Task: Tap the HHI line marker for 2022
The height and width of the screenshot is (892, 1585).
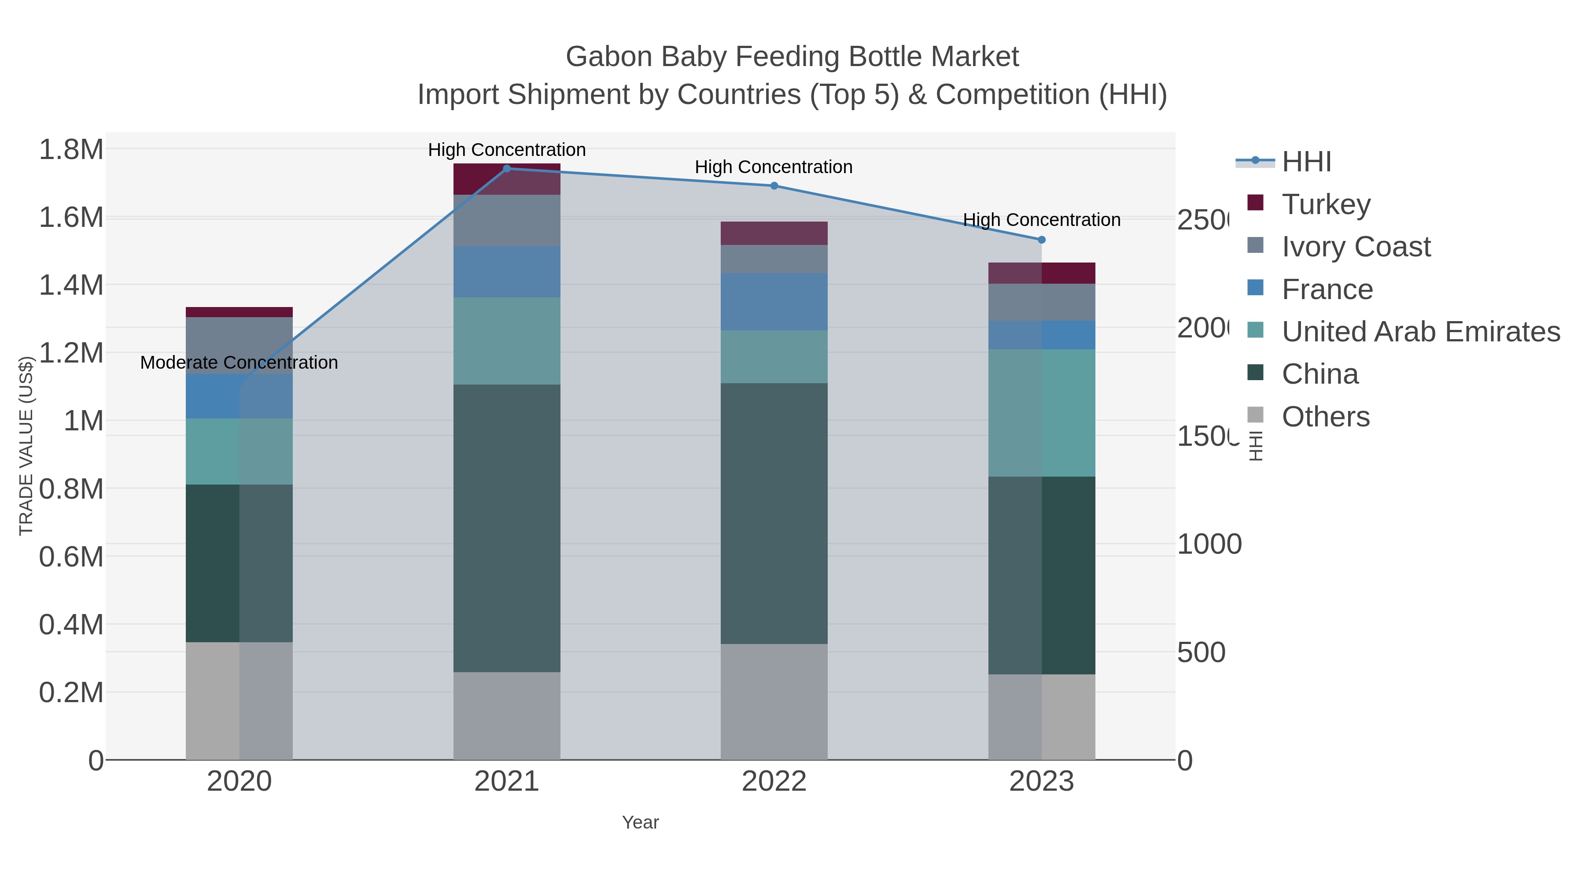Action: pyautogui.click(x=774, y=186)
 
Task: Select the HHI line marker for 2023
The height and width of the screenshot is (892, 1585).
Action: pyautogui.click(x=1042, y=240)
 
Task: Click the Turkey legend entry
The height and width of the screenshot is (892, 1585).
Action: pyautogui.click(x=1326, y=204)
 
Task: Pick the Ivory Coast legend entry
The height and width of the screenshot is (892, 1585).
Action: pyautogui.click(x=1356, y=247)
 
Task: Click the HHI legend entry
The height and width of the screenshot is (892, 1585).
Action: pyautogui.click(x=1306, y=162)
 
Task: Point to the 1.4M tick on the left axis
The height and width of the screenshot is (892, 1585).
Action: pyautogui.click(x=71, y=285)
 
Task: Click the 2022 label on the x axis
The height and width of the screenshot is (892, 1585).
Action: pyautogui.click(x=774, y=782)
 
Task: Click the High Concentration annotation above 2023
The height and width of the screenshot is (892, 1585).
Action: pyautogui.click(x=1042, y=220)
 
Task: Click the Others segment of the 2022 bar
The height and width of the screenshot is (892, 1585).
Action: pyautogui.click(x=774, y=702)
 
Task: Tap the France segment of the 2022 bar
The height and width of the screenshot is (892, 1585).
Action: pyautogui.click(x=774, y=302)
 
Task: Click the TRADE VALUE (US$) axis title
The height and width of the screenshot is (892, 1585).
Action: pyautogui.click(x=26, y=446)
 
